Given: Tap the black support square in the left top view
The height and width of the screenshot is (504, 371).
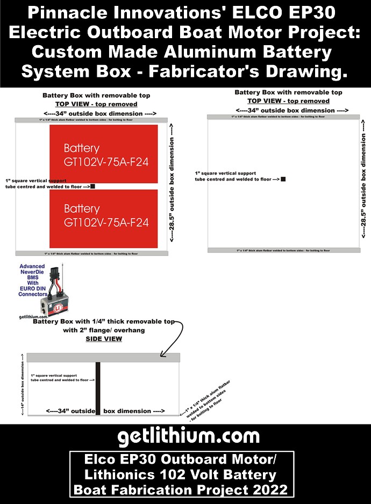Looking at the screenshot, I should [93, 186].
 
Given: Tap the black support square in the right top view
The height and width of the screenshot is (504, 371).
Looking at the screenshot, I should [283, 179].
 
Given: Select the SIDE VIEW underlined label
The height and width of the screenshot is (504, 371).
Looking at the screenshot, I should [104, 339].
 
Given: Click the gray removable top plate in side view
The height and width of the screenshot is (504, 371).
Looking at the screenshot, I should [103, 357].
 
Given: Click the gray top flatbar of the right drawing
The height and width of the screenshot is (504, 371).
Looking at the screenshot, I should [283, 117].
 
